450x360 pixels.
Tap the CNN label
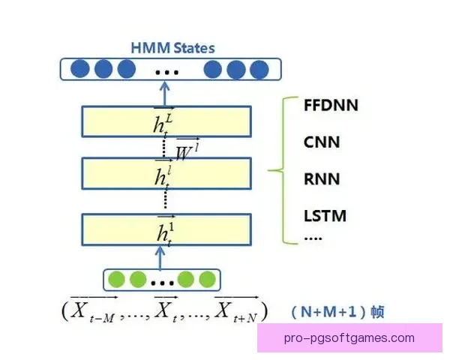(x=320, y=141)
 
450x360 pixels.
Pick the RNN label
(x=321, y=179)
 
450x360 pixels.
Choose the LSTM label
(x=325, y=216)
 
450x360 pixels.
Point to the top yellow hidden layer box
(x=165, y=121)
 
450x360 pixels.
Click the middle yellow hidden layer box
(x=165, y=173)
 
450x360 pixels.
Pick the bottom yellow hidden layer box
(x=165, y=229)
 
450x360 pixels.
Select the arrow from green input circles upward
(x=160, y=256)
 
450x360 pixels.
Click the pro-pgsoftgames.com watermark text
(x=349, y=338)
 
